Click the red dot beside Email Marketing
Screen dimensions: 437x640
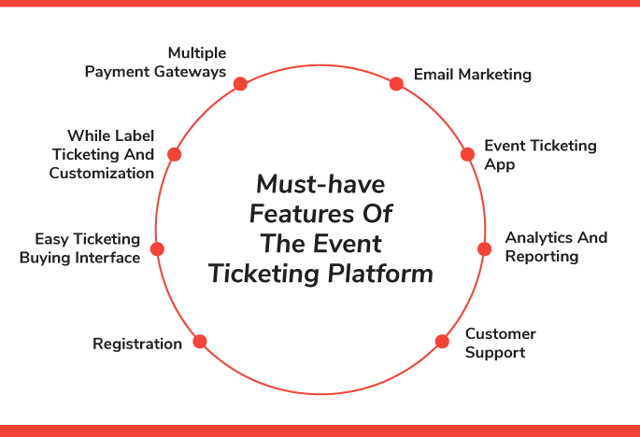click(396, 84)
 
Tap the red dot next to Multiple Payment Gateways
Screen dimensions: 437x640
click(240, 84)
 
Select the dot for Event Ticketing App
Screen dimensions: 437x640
click(467, 154)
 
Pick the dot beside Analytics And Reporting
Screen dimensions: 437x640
click(484, 248)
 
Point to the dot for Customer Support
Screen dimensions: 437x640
click(443, 341)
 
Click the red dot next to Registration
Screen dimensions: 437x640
click(199, 341)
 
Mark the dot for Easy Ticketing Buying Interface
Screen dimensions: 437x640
click(157, 249)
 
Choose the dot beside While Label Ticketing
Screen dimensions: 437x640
click(174, 154)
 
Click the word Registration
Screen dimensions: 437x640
click(137, 345)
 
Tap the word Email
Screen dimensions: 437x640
click(434, 74)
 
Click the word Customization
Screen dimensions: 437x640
click(102, 173)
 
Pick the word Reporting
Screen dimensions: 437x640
click(542, 256)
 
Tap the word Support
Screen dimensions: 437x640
click(495, 352)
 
